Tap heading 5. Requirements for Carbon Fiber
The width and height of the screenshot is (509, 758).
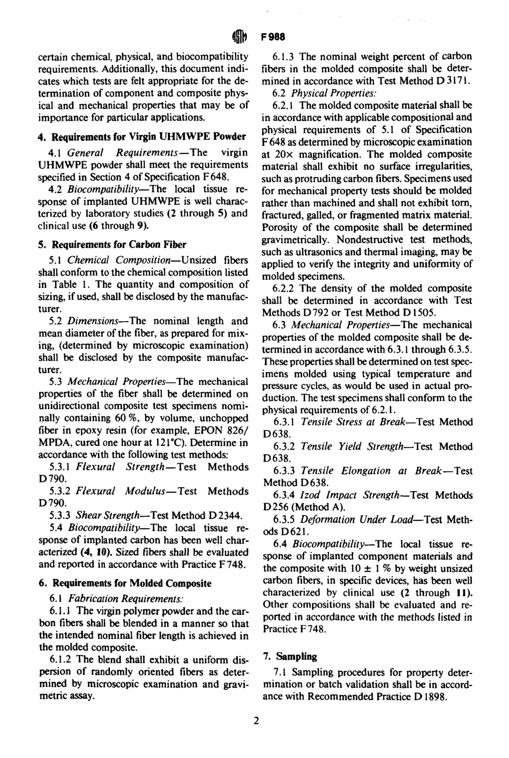click(x=112, y=244)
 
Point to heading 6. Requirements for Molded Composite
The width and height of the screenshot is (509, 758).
click(x=124, y=583)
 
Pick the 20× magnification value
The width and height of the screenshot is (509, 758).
click(x=279, y=154)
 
